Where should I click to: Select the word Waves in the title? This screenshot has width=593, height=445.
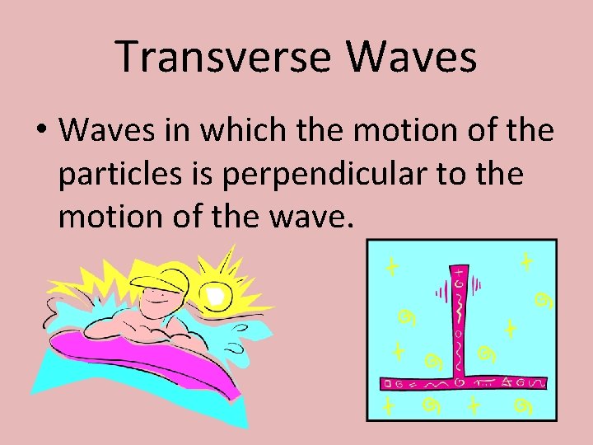pos(412,57)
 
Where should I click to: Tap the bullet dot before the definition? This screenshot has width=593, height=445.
pos(42,130)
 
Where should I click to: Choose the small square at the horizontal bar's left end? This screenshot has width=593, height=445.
pos(386,384)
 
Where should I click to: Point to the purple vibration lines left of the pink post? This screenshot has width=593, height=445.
pos(439,292)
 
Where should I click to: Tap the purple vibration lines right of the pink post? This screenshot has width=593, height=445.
pos(475,292)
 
